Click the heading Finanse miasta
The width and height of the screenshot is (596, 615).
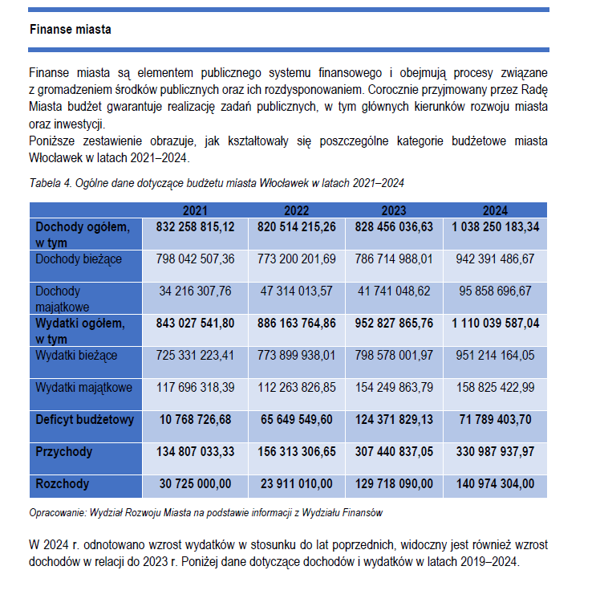click(x=71, y=30)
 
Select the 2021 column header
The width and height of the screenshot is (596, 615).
click(x=195, y=210)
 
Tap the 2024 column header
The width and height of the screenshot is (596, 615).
click(x=495, y=210)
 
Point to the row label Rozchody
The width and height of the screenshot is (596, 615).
click(x=62, y=484)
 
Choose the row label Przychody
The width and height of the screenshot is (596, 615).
click(x=64, y=452)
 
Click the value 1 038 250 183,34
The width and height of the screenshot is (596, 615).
click(x=495, y=227)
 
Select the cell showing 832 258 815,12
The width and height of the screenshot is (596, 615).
click(x=195, y=227)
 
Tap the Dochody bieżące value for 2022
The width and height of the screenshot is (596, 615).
click(x=296, y=259)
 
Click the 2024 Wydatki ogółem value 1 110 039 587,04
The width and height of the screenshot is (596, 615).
click(x=495, y=323)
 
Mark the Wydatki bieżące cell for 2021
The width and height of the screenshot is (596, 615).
click(x=195, y=355)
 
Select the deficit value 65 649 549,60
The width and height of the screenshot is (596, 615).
click(x=296, y=419)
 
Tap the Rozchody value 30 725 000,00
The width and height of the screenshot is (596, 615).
click(x=195, y=484)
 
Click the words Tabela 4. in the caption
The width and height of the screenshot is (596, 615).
click(x=50, y=183)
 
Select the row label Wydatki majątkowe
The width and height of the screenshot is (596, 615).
click(x=83, y=387)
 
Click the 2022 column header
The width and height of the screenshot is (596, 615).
click(x=296, y=210)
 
